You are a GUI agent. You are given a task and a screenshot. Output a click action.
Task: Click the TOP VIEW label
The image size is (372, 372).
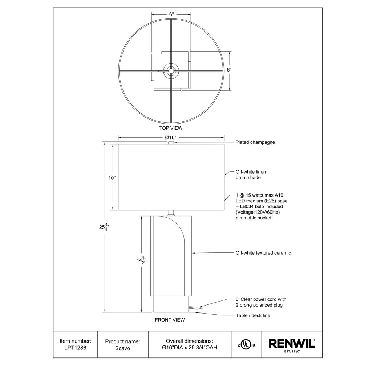point(171,128)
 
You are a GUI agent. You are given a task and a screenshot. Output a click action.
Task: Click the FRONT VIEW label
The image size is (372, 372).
point(170,320)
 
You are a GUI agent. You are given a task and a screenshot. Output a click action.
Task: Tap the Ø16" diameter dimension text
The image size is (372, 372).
point(171,137)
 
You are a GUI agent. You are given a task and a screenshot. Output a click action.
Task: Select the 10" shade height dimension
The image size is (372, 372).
point(112,178)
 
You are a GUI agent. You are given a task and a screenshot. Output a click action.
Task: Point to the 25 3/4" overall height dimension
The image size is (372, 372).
point(104,227)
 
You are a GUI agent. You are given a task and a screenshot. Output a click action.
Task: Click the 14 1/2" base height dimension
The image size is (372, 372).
point(141,260)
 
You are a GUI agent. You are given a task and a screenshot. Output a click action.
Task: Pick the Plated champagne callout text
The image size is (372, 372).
point(255,142)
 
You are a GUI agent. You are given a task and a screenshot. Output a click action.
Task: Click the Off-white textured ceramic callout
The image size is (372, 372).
point(263,253)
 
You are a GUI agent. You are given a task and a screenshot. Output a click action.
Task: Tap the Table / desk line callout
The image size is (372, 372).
point(253,316)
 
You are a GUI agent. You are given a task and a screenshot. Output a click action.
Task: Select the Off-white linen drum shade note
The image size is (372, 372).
point(251,175)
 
